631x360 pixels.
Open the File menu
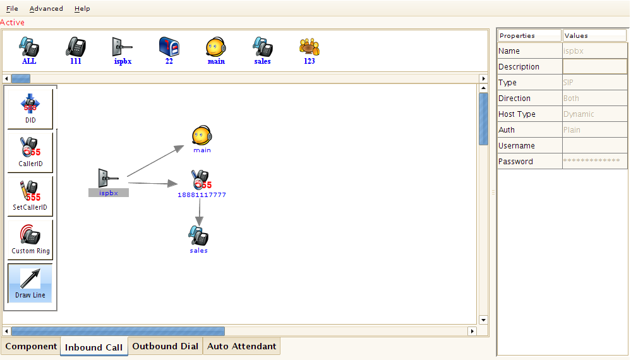(x=12, y=9)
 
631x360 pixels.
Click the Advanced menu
(x=46, y=9)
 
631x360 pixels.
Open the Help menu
(x=82, y=9)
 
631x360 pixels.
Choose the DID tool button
(x=30, y=109)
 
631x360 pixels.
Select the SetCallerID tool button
(x=30, y=196)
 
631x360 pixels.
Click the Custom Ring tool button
(x=30, y=239)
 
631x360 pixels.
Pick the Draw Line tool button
(x=30, y=283)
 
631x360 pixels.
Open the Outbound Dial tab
(x=165, y=346)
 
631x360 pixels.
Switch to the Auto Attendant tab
(x=241, y=346)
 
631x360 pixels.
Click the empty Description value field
(x=594, y=67)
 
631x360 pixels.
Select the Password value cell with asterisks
(x=594, y=162)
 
